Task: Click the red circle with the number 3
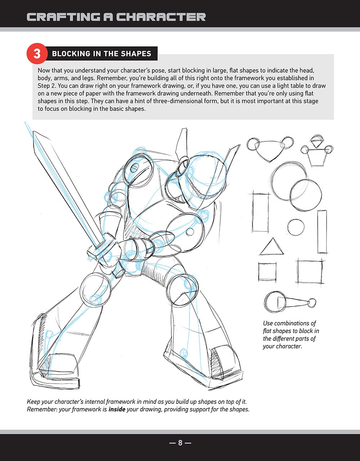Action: [37, 54]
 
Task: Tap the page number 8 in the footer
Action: [180, 443]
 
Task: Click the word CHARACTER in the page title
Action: [161, 17]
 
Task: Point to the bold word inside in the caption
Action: [117, 409]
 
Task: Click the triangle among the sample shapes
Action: [272, 246]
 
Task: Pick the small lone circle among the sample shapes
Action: [296, 227]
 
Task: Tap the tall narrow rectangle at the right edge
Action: [322, 232]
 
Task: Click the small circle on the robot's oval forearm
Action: [190, 232]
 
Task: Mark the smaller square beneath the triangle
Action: [267, 272]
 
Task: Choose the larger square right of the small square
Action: [310, 272]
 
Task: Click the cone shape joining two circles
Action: [293, 302]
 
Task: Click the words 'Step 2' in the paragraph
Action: [47, 86]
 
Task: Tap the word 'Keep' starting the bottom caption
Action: [33, 402]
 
